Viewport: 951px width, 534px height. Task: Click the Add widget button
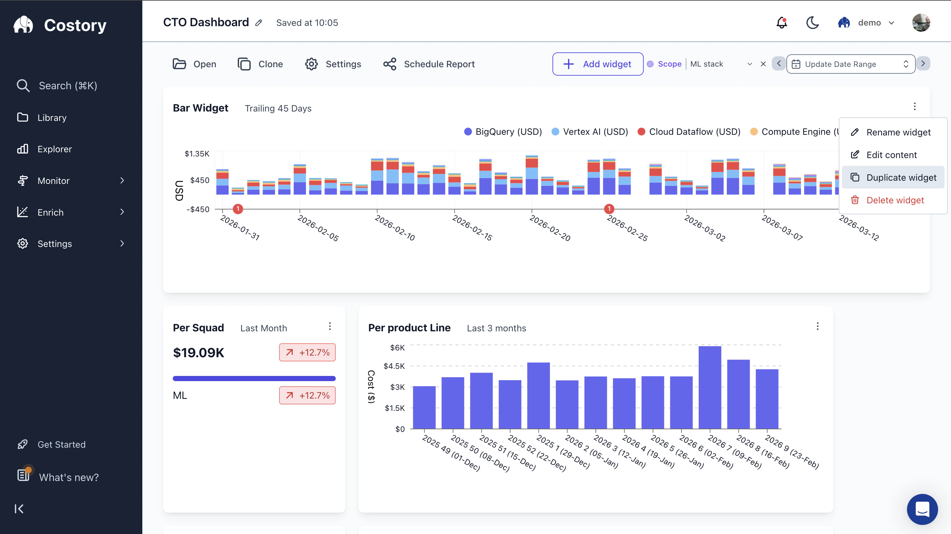click(x=597, y=64)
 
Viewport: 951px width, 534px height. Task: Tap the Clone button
click(x=260, y=64)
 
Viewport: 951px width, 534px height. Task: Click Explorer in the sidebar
click(x=54, y=149)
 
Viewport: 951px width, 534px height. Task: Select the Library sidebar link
click(x=52, y=117)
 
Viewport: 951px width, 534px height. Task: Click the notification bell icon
click(x=782, y=23)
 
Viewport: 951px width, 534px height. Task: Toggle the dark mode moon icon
click(x=812, y=23)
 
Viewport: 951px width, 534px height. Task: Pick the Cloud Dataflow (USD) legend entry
click(x=689, y=132)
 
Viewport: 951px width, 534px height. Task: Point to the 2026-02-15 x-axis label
click(x=472, y=228)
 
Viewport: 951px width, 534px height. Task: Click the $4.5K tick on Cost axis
click(x=394, y=366)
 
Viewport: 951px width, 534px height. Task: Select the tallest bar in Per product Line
click(x=710, y=387)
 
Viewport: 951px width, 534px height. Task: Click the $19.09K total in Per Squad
click(x=199, y=352)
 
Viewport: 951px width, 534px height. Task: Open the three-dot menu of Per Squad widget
click(x=330, y=326)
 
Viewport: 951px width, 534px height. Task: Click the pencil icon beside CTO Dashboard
click(x=259, y=23)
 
